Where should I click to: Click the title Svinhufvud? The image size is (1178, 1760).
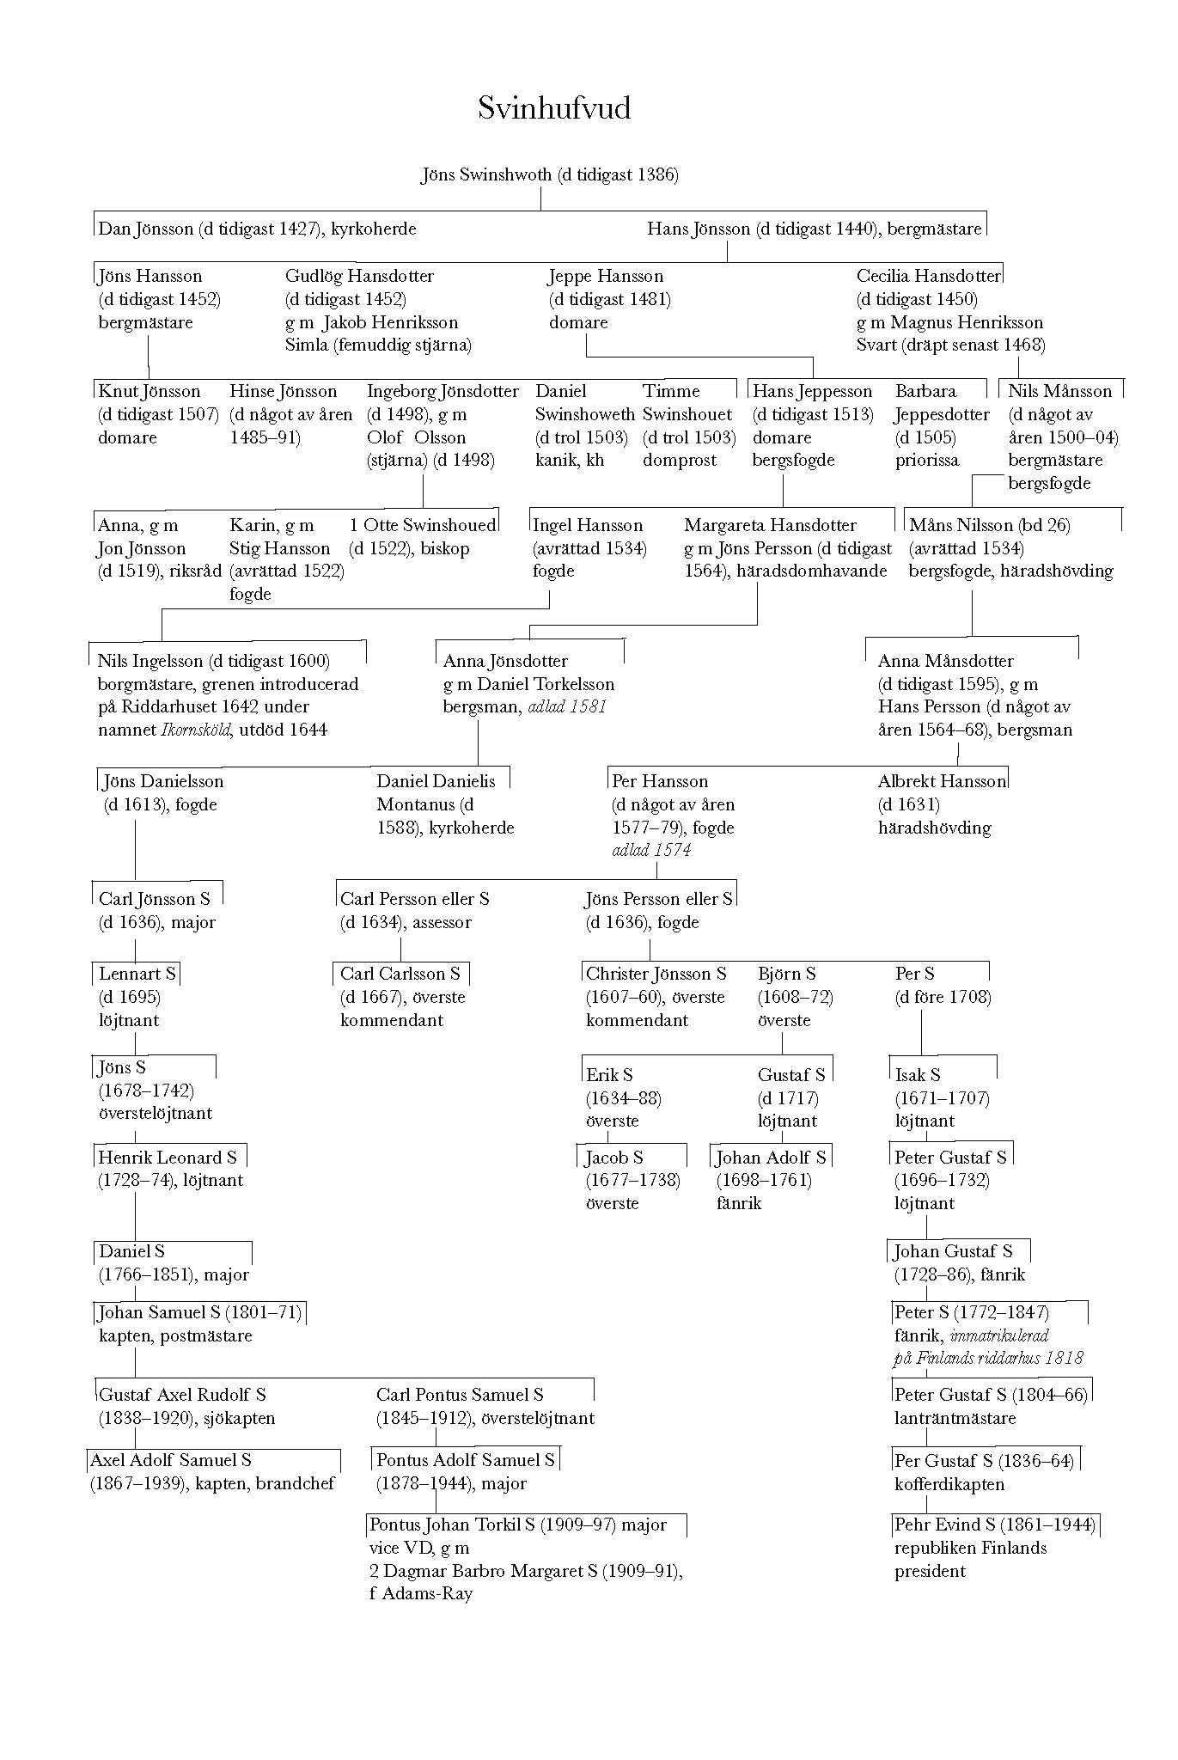click(x=554, y=109)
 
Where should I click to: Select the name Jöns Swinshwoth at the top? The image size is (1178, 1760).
click(x=486, y=175)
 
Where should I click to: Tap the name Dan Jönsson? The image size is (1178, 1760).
click(x=145, y=229)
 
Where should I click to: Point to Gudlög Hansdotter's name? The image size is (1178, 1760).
click(x=359, y=276)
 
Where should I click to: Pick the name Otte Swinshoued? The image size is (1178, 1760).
click(x=430, y=525)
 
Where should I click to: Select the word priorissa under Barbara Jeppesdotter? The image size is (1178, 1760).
click(x=926, y=461)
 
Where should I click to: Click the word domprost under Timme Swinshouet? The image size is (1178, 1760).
click(x=679, y=461)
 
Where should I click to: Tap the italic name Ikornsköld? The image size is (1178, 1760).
click(x=195, y=730)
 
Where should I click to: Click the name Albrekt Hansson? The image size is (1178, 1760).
click(x=941, y=781)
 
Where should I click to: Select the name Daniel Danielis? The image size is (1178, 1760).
click(x=436, y=781)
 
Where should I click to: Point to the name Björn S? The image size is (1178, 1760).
click(x=786, y=974)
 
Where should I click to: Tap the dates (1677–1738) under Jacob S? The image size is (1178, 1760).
click(x=632, y=1181)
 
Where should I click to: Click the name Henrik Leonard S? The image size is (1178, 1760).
click(x=168, y=1158)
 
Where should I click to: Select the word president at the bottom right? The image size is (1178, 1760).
click(x=930, y=1571)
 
